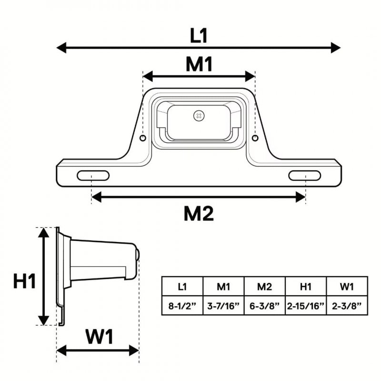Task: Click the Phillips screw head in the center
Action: point(199,116)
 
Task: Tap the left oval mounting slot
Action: point(93,176)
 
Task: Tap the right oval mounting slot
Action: point(305,176)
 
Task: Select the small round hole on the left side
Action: point(143,138)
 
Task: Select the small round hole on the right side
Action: point(255,138)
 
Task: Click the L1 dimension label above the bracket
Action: point(199,36)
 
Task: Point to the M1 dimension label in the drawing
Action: point(199,64)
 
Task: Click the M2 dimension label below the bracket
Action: point(199,213)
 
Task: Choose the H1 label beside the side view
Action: point(25,281)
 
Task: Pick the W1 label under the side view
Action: point(100,337)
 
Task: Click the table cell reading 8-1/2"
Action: point(182,306)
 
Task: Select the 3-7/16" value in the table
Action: point(223,306)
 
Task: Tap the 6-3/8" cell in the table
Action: point(265,306)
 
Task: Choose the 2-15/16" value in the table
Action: point(306,306)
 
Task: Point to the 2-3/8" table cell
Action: point(347,306)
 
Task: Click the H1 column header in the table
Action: point(306,287)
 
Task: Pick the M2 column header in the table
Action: point(264,287)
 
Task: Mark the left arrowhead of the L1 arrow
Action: point(61,48)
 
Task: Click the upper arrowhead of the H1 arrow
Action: point(44,233)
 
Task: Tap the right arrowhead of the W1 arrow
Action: point(134,351)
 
